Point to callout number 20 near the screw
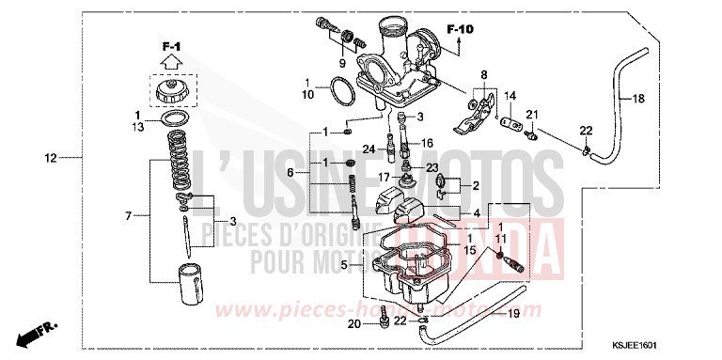[x=353, y=324]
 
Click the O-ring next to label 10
[x=338, y=91]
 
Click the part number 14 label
[x=510, y=95]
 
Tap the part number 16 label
[x=427, y=144]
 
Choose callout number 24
[x=367, y=148]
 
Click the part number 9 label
[x=343, y=64]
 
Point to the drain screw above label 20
[x=385, y=322]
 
